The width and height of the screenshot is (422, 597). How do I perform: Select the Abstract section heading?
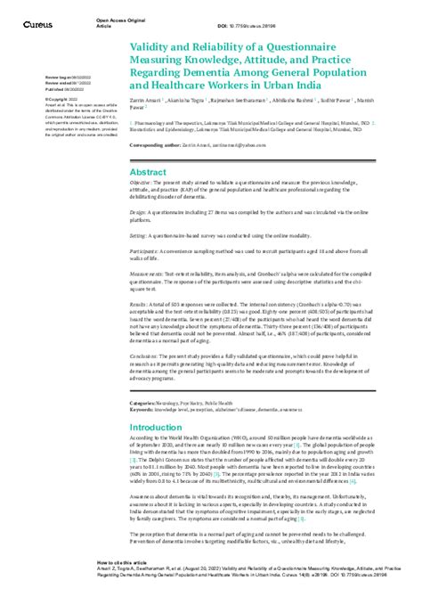[148, 171]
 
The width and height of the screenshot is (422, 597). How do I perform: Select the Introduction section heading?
[157, 428]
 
